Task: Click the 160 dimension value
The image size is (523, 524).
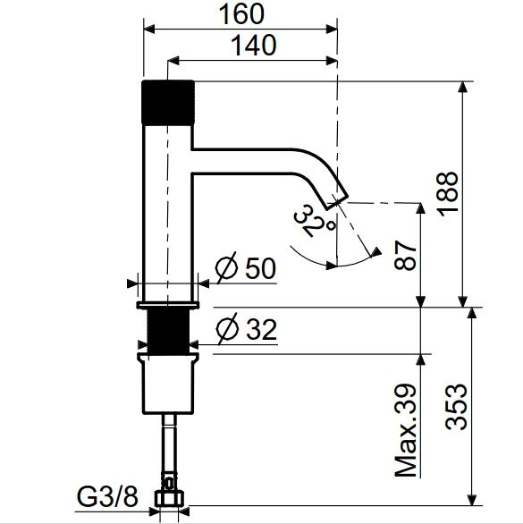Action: point(241,14)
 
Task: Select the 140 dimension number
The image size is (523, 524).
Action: point(254,46)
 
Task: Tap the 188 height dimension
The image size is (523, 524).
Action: point(448,194)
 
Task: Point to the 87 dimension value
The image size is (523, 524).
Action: point(405,255)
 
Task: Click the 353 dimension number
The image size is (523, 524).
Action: point(455,407)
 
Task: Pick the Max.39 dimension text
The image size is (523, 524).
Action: point(406,430)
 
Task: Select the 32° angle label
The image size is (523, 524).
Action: point(313,220)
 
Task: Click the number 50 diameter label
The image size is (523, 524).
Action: point(261,268)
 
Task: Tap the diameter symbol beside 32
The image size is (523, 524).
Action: point(228,328)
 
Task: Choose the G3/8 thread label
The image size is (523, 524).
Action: point(107,496)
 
